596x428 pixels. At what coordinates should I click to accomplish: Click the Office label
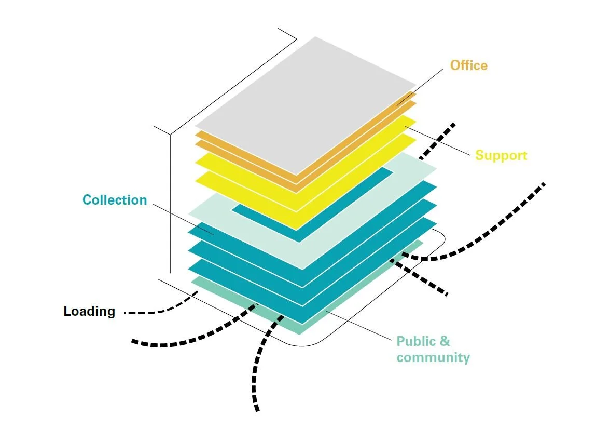tap(468, 65)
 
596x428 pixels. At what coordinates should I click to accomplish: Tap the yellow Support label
tap(501, 155)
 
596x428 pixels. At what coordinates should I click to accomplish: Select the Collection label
tap(115, 200)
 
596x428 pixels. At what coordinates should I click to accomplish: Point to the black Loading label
tap(89, 312)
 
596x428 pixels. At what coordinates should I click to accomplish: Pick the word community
tap(433, 357)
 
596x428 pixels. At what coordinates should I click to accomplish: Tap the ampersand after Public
tap(445, 342)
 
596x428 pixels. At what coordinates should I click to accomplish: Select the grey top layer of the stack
tap(306, 104)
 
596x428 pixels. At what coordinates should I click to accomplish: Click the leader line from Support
tap(441, 140)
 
